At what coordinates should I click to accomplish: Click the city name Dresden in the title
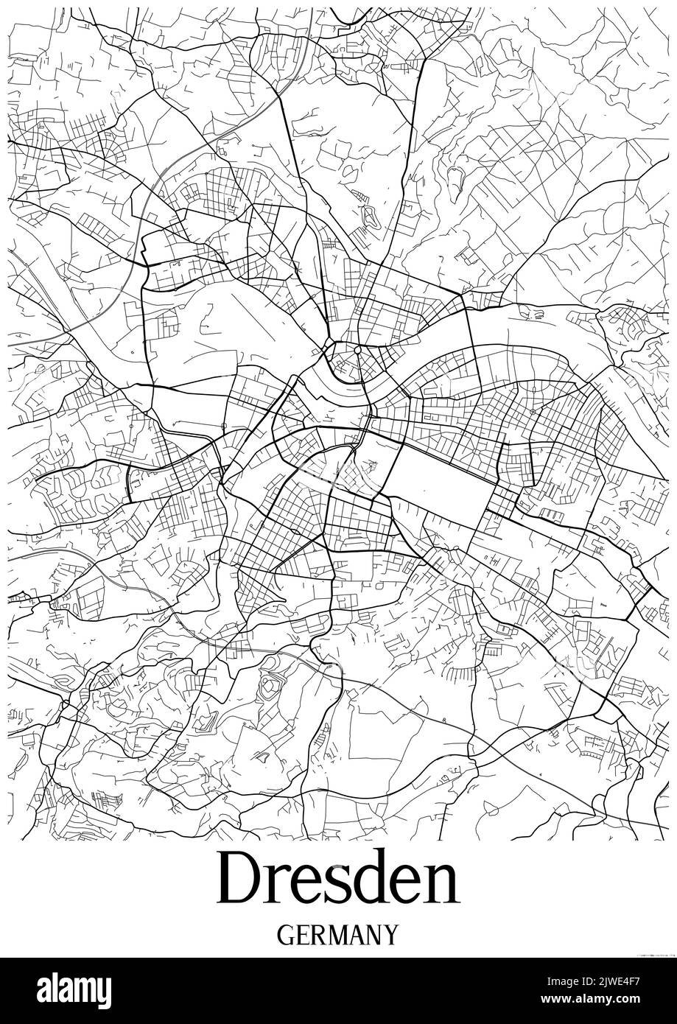[338, 878]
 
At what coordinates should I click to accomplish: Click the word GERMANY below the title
[338, 935]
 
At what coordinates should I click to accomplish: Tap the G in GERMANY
[286, 935]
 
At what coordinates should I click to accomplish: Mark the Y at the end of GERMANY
[391, 935]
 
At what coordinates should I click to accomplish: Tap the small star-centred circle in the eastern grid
[533, 411]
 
